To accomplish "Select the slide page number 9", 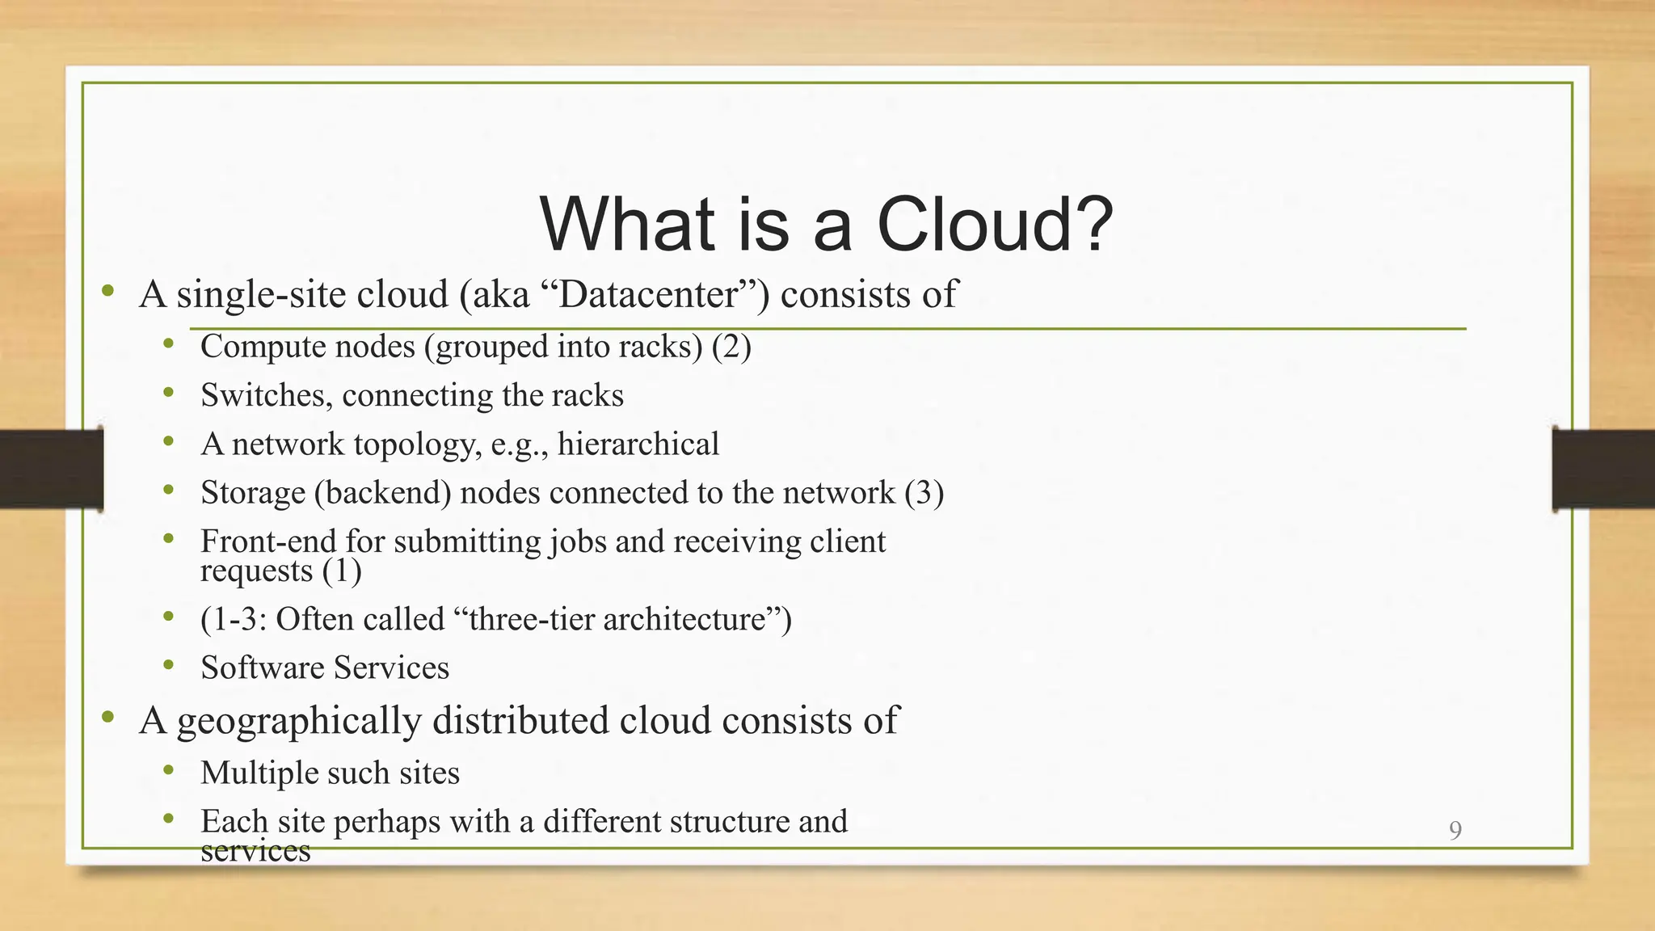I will pyautogui.click(x=1455, y=830).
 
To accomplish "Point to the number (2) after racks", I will pyautogui.click(x=731, y=347).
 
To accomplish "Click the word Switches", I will pyautogui.click(x=265, y=395).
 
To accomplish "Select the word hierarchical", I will pyautogui.click(x=638, y=444).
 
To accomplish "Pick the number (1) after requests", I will pyautogui.click(x=341, y=571).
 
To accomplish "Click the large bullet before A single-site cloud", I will pyautogui.click(x=107, y=291).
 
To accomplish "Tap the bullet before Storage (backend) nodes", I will pyautogui.click(x=168, y=491).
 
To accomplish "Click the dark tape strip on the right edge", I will pyautogui.click(x=1602, y=469).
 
